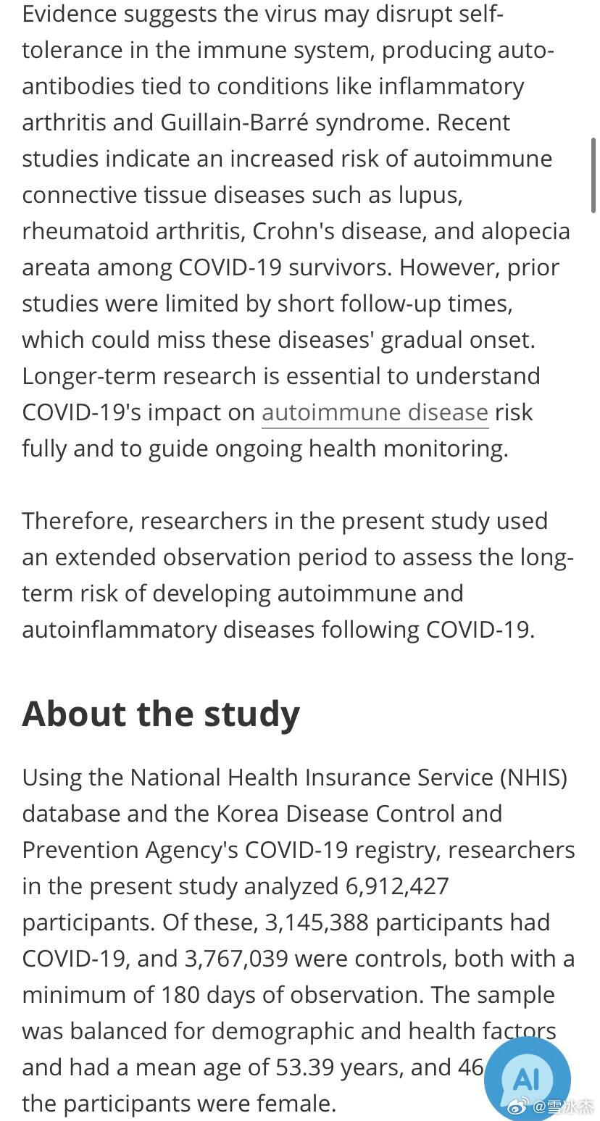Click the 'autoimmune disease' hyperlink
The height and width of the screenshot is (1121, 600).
tap(375, 412)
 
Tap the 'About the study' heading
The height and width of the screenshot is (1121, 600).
tap(161, 714)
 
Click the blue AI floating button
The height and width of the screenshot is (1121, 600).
tap(527, 1078)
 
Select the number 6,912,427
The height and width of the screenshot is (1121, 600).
tap(396, 885)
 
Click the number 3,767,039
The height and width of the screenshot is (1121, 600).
tap(236, 958)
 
